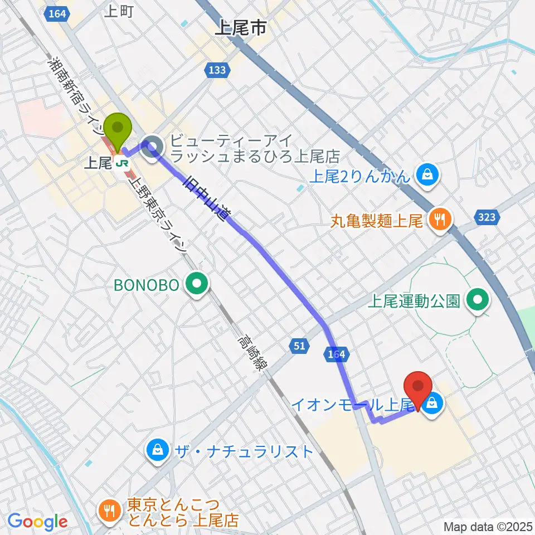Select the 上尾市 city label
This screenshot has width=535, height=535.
(240, 28)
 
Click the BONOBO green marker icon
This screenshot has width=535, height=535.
(196, 285)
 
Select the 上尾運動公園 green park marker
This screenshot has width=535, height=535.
(478, 301)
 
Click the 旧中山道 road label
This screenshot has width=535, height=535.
(205, 198)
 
